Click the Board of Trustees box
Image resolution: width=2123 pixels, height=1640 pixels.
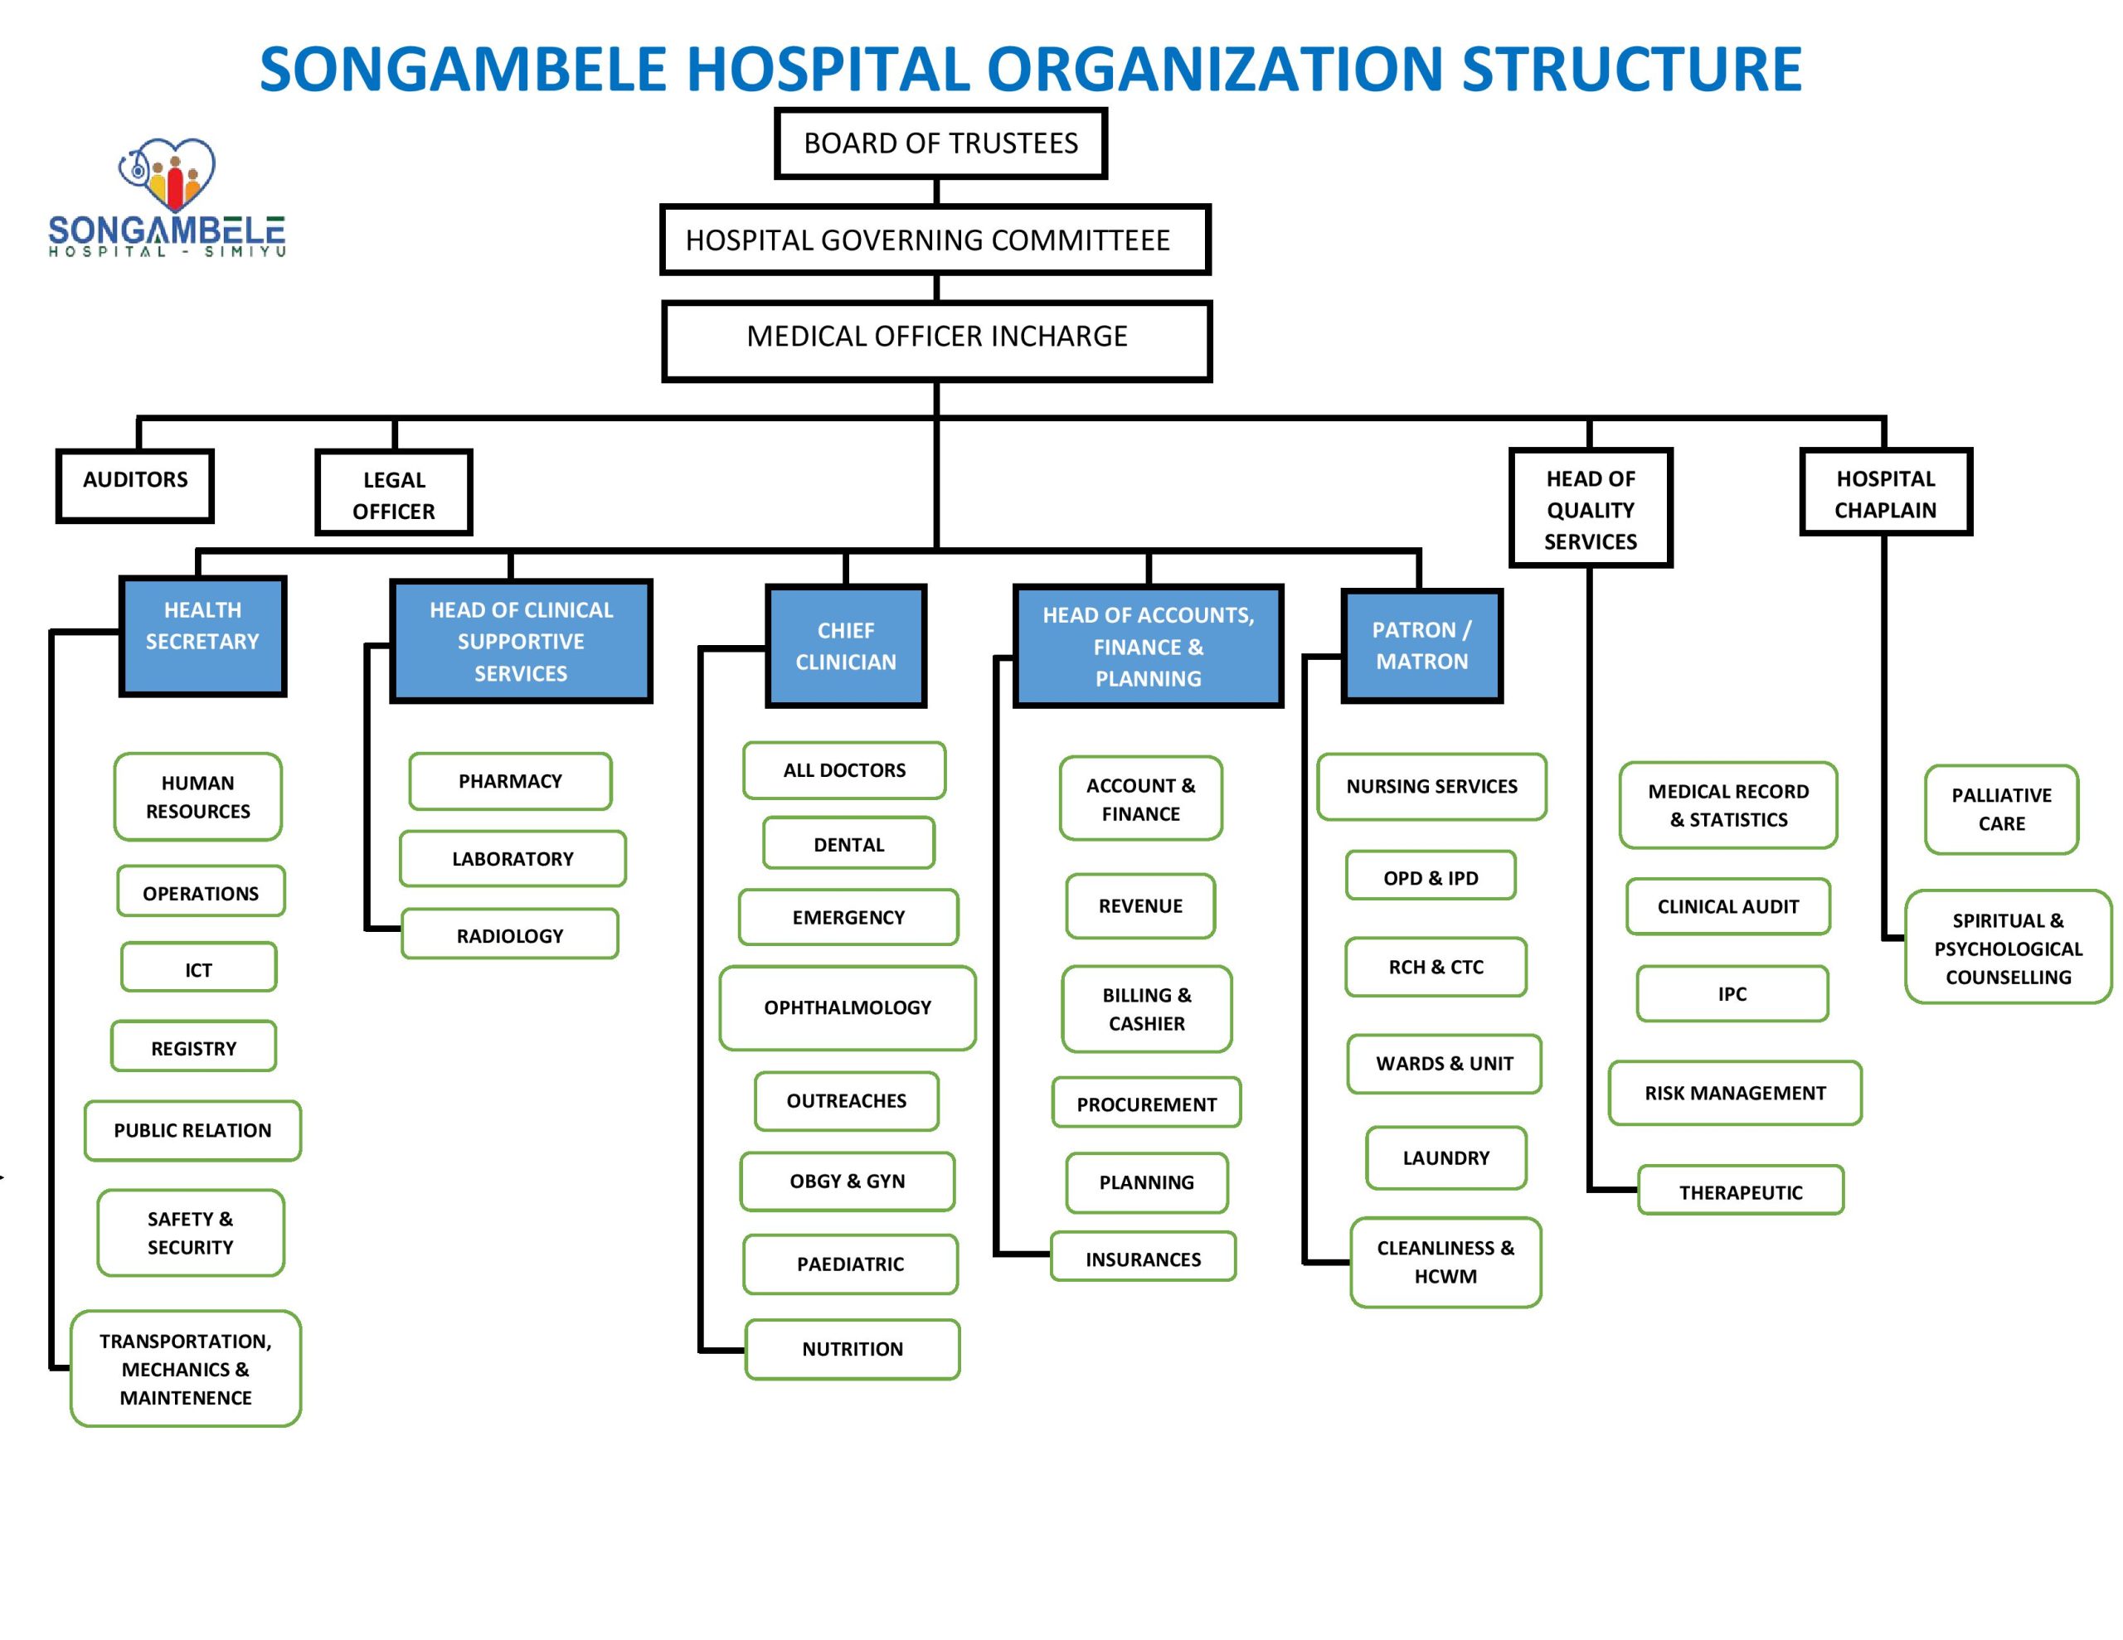point(940,143)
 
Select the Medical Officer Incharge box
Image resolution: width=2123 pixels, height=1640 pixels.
point(936,339)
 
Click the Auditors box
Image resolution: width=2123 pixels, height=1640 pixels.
point(134,484)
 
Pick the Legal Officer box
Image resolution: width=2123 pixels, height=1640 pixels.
point(394,492)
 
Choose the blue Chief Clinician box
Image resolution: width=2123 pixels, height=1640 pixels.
point(846,646)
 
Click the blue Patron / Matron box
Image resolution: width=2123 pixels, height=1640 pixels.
point(1421,646)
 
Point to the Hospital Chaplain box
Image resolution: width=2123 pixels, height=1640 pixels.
point(1885,492)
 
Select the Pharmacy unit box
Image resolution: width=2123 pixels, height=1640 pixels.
point(510,781)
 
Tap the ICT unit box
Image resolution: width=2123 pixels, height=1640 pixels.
point(198,968)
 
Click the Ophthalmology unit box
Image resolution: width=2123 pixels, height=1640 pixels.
point(847,1007)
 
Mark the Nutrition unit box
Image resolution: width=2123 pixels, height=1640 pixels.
point(853,1348)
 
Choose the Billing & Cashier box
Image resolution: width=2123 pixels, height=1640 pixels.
point(1146,1008)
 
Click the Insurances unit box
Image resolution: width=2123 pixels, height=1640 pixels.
point(1143,1257)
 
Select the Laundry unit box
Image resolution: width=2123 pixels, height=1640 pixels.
point(1445,1157)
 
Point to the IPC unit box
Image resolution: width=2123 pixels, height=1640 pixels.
point(1732,992)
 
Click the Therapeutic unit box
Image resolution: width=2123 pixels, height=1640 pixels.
point(1740,1190)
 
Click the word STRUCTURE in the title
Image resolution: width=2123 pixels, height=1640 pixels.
point(1631,70)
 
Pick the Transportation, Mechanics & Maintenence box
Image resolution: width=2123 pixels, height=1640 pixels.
point(186,1368)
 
